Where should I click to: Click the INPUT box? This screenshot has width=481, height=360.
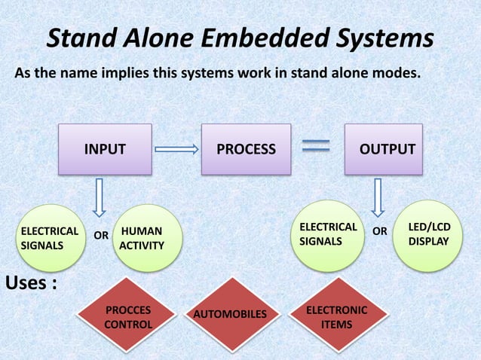[x=105, y=149]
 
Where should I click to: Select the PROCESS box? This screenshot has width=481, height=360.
[x=246, y=149]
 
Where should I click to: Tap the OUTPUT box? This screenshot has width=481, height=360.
[x=386, y=149]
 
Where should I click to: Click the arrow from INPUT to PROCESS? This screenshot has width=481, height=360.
[x=176, y=149]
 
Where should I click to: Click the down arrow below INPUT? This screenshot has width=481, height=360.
[x=98, y=197]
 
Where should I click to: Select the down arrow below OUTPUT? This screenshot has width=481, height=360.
[x=378, y=197]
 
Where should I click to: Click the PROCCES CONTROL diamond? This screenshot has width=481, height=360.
[x=127, y=317]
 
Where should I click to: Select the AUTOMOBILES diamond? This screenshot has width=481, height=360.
[x=231, y=313]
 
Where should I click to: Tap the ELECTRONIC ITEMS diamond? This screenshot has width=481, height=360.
[x=336, y=317]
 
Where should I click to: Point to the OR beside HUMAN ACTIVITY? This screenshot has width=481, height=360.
[x=100, y=236]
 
